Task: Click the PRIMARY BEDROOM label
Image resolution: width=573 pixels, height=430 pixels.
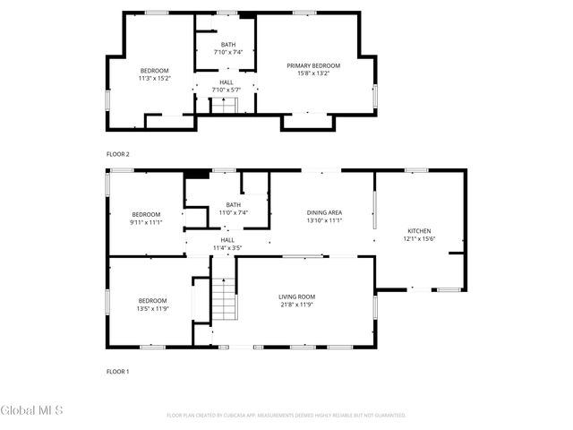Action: (313, 65)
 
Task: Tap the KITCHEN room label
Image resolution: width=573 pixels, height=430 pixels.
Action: (419, 230)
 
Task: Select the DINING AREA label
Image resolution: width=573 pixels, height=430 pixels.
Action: (324, 212)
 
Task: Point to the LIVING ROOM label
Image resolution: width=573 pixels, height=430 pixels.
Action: (296, 297)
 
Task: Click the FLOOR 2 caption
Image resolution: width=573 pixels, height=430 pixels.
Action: (118, 154)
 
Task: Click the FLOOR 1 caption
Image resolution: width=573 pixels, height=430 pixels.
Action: (118, 371)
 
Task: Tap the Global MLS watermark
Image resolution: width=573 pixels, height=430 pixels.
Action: (32, 411)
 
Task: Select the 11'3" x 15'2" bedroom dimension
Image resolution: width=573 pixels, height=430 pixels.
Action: (154, 78)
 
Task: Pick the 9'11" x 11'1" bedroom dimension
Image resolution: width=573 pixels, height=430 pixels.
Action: (146, 222)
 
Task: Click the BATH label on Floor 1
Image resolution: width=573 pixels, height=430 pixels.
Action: (233, 205)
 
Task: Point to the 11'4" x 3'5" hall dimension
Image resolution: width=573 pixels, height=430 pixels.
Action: (227, 247)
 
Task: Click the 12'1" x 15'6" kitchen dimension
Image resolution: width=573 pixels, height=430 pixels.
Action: (419, 238)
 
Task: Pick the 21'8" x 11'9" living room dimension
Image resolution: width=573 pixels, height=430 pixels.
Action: (296, 305)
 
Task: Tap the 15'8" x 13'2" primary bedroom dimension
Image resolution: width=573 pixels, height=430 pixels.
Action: (313, 73)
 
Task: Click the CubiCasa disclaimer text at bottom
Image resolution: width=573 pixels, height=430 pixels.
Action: (286, 416)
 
